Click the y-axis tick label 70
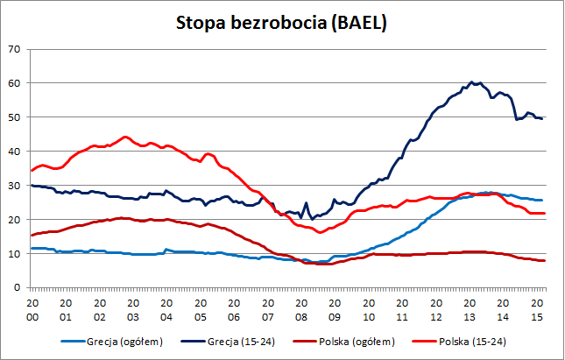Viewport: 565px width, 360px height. (x=13, y=49)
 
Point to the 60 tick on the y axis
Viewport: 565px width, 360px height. (x=13, y=83)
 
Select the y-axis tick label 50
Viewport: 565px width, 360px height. (x=13, y=117)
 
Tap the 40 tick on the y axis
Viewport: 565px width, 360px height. (x=13, y=152)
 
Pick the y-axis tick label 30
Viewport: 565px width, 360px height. (x=13, y=186)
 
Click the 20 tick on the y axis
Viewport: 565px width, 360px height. (x=13, y=220)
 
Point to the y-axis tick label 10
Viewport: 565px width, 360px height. (x=13, y=254)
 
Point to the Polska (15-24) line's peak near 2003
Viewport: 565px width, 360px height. (x=125, y=137)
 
